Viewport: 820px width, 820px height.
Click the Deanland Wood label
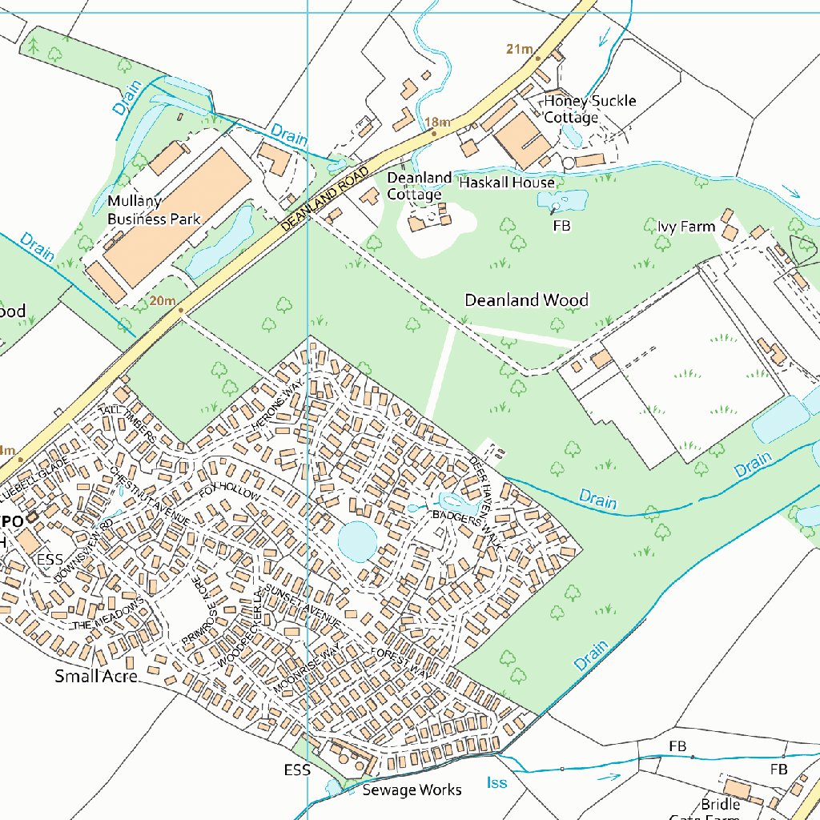[527, 300]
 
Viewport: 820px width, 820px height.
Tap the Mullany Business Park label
[154, 210]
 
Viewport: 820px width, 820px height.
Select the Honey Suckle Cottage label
[590, 109]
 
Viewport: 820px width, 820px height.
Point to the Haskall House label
[506, 183]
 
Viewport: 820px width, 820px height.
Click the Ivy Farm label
[686, 227]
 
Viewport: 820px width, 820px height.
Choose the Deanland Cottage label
[419, 186]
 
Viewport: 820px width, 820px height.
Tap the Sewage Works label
[412, 790]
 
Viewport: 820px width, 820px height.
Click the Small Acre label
[96, 677]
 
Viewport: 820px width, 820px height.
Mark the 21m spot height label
[520, 50]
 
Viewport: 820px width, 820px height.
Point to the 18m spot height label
[437, 123]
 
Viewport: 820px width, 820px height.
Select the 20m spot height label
[161, 300]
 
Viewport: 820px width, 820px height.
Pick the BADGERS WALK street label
[467, 529]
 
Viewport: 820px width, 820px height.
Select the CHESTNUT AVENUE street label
[149, 496]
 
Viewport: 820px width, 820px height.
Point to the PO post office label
[12, 521]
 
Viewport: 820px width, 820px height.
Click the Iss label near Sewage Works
[496, 782]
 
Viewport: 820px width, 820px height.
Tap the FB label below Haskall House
[562, 227]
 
